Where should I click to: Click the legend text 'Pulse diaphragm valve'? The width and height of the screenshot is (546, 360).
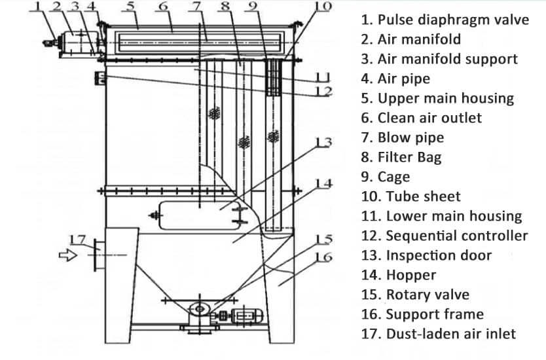[x=445, y=20]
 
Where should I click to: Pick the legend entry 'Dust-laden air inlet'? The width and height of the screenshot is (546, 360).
[x=438, y=334]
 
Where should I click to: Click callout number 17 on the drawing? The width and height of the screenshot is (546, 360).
[x=77, y=239]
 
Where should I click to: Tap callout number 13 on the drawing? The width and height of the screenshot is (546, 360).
[x=323, y=142]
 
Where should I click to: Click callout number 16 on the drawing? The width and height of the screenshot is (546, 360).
[x=323, y=257]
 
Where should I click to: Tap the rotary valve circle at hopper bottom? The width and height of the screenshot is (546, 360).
[x=198, y=308]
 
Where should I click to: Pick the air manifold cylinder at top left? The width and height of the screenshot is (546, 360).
[x=75, y=40]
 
